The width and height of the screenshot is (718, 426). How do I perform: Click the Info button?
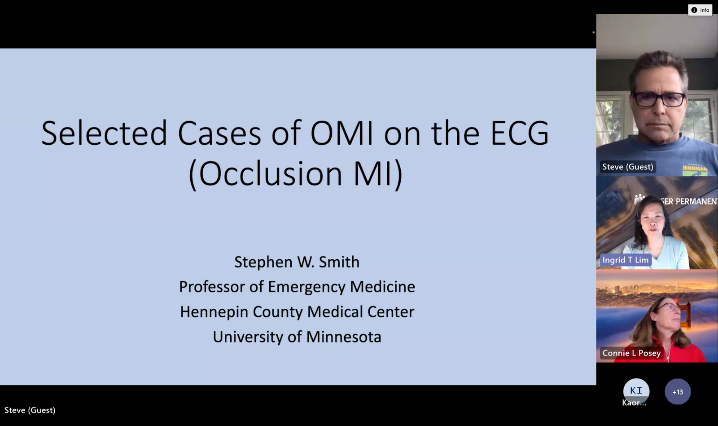click(700, 10)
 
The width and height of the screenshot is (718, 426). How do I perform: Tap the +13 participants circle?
click(678, 392)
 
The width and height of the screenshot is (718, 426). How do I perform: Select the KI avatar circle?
click(636, 390)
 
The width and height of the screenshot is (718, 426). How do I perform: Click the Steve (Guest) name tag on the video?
click(628, 167)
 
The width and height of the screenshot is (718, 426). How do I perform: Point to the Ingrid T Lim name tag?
click(626, 260)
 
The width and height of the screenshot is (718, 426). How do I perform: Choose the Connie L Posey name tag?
click(631, 353)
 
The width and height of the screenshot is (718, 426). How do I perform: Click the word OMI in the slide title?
click(341, 133)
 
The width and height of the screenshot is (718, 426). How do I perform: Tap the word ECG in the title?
click(520, 133)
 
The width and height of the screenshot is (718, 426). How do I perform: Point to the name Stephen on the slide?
click(263, 262)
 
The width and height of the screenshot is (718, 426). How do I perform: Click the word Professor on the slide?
click(212, 287)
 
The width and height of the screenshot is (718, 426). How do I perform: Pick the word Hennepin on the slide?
click(214, 312)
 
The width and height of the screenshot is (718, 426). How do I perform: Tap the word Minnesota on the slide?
click(344, 337)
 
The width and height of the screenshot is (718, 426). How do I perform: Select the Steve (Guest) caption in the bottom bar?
click(30, 410)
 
